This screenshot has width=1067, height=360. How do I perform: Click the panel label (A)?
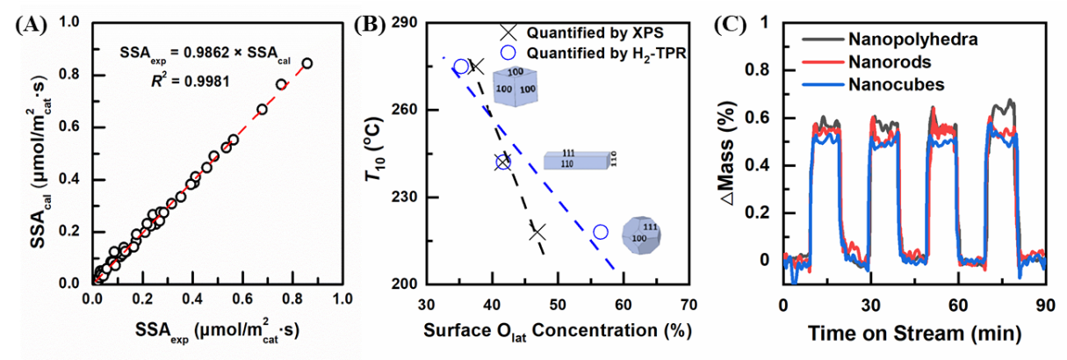(x=32, y=24)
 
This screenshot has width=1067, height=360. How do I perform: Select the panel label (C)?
(x=734, y=24)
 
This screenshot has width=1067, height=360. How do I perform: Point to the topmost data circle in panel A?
(x=307, y=63)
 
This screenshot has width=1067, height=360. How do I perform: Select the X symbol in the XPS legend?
(x=508, y=32)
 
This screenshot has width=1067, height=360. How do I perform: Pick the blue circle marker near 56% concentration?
(x=601, y=232)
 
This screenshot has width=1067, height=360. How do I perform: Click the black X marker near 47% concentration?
(x=537, y=233)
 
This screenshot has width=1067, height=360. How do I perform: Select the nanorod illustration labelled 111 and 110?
(x=581, y=159)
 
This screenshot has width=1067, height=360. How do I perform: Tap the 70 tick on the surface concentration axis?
(x=689, y=306)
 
